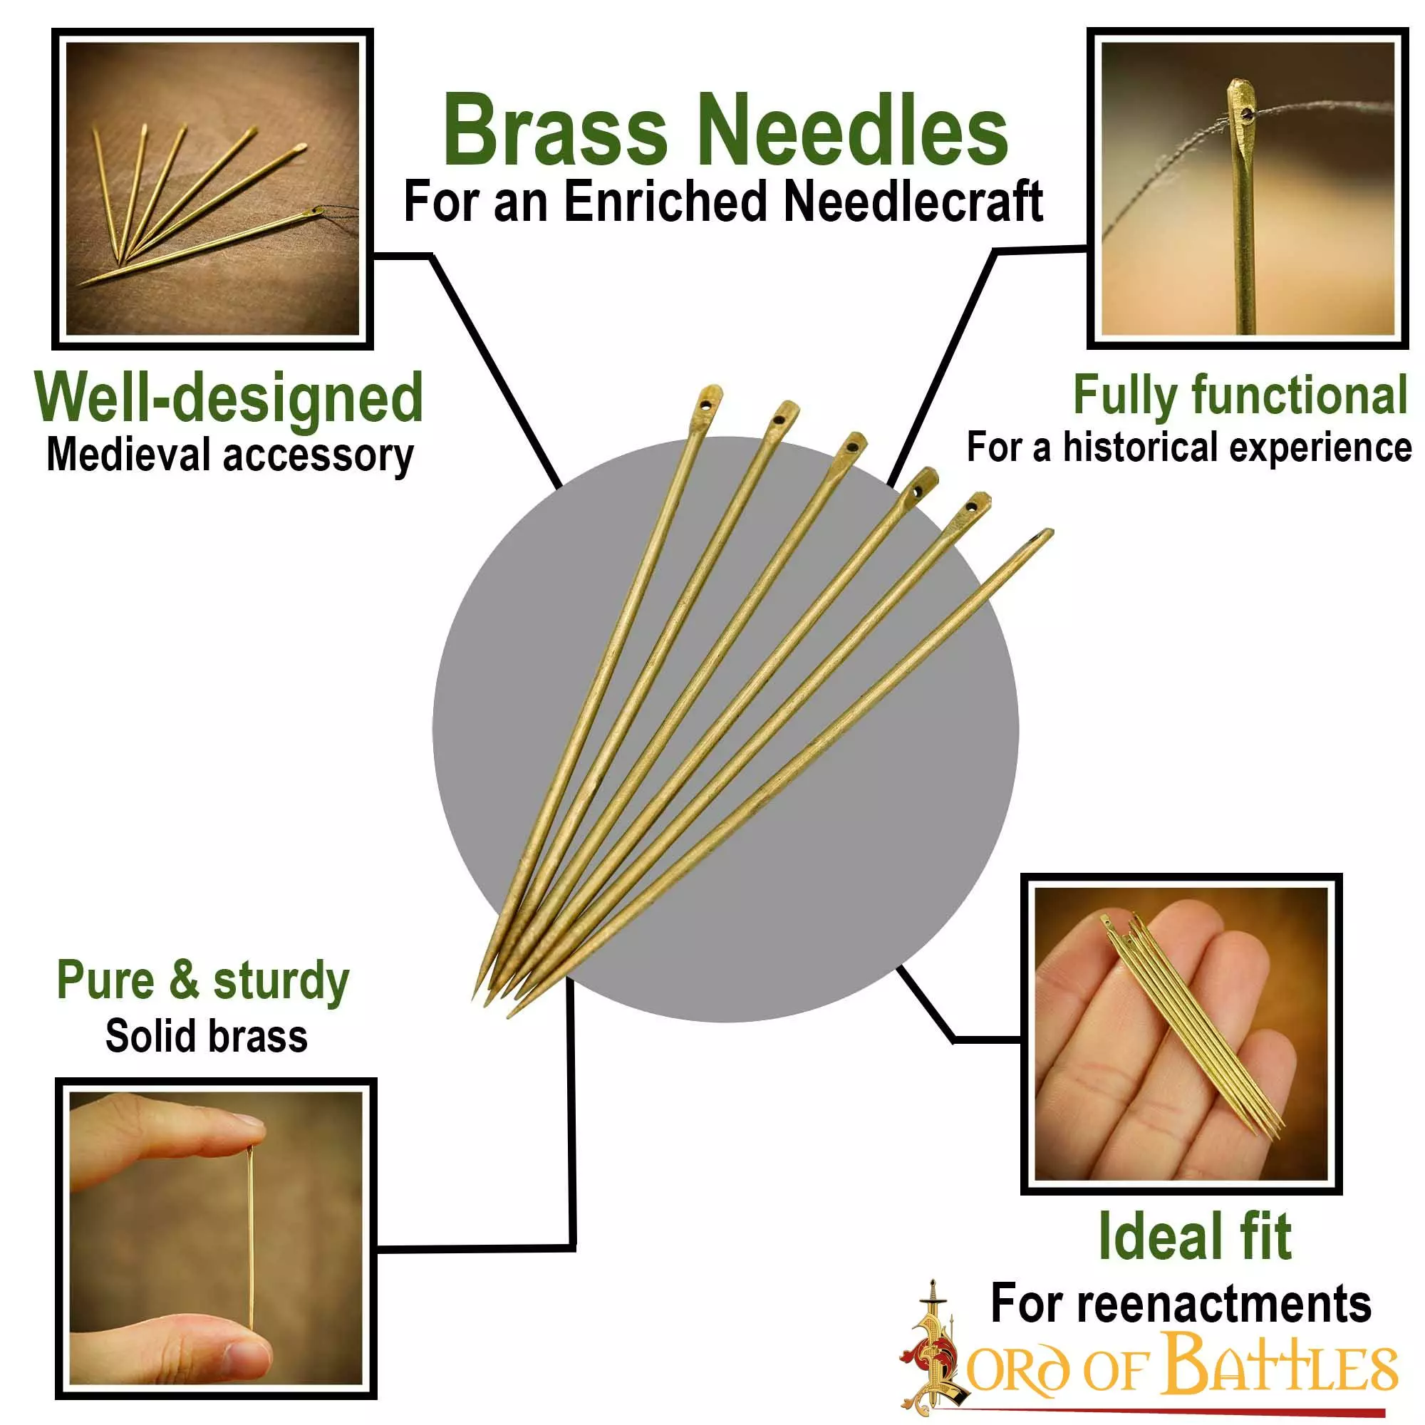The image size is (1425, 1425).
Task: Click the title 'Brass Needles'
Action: click(x=725, y=130)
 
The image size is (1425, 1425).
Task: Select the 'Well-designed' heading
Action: click(x=229, y=398)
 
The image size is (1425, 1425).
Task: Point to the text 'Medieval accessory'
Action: click(x=229, y=455)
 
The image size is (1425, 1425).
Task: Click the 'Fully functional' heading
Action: click(x=1240, y=395)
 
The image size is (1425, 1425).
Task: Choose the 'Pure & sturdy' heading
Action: click(x=203, y=981)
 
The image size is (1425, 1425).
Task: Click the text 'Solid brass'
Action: click(x=206, y=1036)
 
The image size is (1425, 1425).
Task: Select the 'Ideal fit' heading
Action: click(x=1194, y=1237)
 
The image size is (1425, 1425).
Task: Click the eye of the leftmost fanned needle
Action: click(x=706, y=405)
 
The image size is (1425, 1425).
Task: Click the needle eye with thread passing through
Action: click(x=1245, y=113)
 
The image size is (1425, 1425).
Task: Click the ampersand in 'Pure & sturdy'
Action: click(x=184, y=981)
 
